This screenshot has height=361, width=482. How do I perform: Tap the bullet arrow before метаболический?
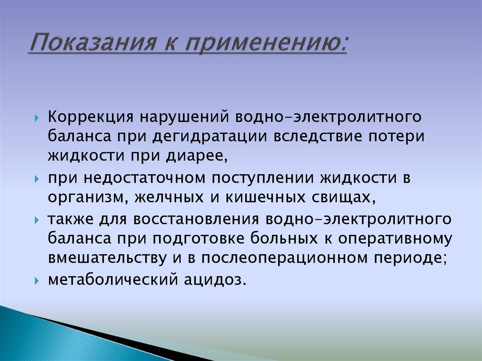[37, 281]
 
